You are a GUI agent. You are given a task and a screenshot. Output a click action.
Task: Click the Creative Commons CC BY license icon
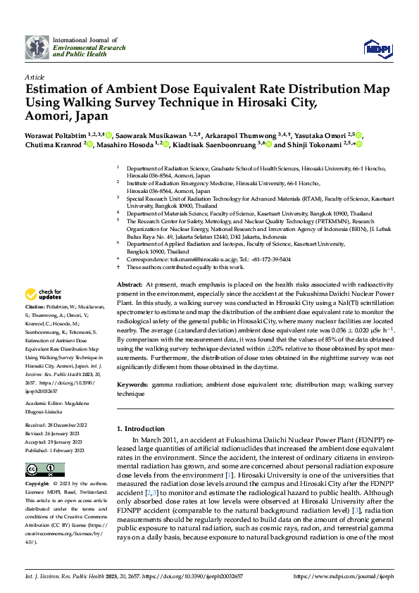[x=41, y=469]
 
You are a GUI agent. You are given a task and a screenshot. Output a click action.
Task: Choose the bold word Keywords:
[x=133, y=386]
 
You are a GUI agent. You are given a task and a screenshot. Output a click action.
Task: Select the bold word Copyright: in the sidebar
[x=37, y=485]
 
